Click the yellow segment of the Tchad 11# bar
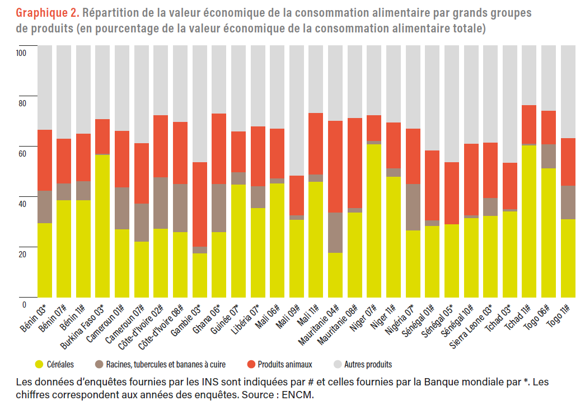click(530, 221)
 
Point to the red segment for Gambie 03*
click(200, 205)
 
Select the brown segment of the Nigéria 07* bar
click(413, 207)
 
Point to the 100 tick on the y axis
click(22, 53)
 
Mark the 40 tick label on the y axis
click(22, 204)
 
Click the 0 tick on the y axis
click(24, 305)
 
